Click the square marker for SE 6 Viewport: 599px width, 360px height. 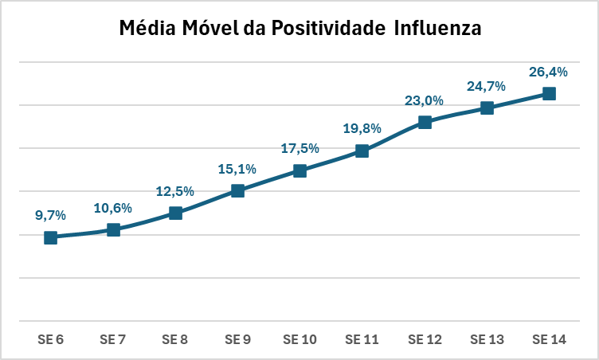coord(50,237)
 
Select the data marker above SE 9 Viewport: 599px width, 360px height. coord(237,190)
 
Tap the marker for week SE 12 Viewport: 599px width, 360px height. coord(425,122)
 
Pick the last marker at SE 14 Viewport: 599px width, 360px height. coord(549,93)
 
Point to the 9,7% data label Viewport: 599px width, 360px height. coord(50,215)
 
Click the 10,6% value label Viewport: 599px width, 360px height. coord(113,208)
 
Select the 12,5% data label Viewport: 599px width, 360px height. coord(175,190)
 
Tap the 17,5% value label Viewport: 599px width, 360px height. coord(300,148)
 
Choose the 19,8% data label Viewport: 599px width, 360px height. coord(362,128)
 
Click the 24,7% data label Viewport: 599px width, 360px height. coord(487,85)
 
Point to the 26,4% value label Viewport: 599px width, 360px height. coord(549,72)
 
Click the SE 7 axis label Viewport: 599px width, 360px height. coord(113,339)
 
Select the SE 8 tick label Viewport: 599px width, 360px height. coord(175,339)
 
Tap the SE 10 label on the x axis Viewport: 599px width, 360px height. coord(300,339)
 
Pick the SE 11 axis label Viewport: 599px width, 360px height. coord(362,339)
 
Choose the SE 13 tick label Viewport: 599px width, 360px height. coord(487,339)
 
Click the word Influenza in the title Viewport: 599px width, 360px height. coord(439,29)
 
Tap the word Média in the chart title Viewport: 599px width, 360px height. coord(143,29)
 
